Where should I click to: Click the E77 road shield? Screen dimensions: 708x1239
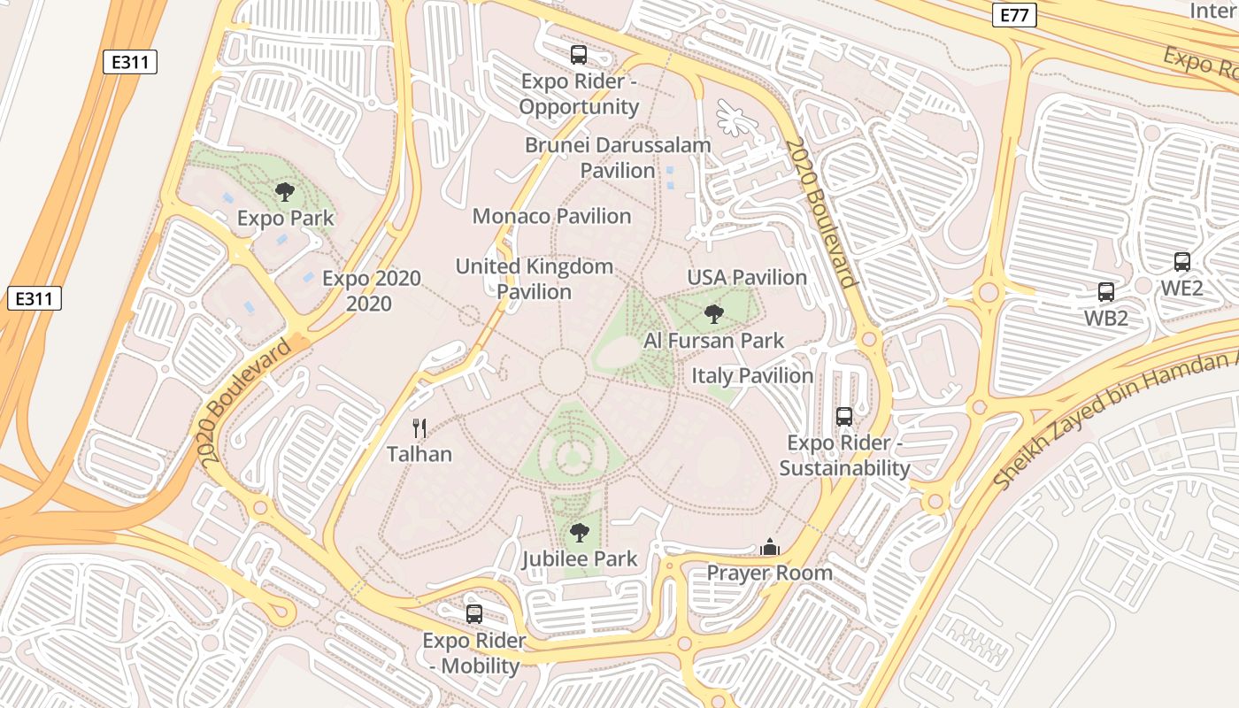point(1013,15)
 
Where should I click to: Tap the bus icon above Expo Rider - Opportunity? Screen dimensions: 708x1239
point(579,54)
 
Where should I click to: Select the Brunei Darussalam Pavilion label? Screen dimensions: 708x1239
point(618,158)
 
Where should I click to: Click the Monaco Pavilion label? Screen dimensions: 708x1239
point(551,216)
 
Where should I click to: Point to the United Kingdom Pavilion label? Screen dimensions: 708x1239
point(534,279)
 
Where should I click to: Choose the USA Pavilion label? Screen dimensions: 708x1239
point(747,277)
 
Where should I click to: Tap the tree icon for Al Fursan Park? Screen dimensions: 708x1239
point(713,313)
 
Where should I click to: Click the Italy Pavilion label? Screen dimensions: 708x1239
point(751,375)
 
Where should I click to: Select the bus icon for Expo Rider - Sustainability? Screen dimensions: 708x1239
point(844,416)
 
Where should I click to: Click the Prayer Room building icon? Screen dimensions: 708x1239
point(769,548)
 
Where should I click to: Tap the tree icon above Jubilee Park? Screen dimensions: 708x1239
point(579,533)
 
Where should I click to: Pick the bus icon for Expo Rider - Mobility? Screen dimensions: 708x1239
point(474,613)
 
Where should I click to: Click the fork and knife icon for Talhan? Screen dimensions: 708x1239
point(419,428)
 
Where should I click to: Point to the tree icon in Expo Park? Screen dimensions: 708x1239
point(284,192)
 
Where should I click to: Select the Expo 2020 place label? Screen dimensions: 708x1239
point(371,290)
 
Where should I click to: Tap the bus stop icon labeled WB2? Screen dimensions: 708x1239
point(1105,292)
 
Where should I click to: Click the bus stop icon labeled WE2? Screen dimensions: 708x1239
point(1181,262)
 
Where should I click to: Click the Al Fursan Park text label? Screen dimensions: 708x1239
point(713,340)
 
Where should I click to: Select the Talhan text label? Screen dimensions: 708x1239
point(419,454)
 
